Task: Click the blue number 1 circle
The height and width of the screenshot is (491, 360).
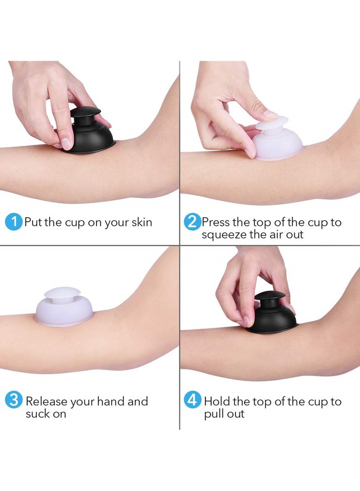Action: point(13,222)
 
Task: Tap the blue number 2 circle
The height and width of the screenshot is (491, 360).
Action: point(192,222)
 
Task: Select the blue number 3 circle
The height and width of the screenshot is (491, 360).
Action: point(13,400)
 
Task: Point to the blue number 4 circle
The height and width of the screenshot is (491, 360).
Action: point(192,400)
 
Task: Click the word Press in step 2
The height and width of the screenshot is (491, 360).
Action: point(216,222)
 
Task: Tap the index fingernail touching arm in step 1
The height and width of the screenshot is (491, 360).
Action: point(66,144)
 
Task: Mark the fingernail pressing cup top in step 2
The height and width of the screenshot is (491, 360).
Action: point(270,114)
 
